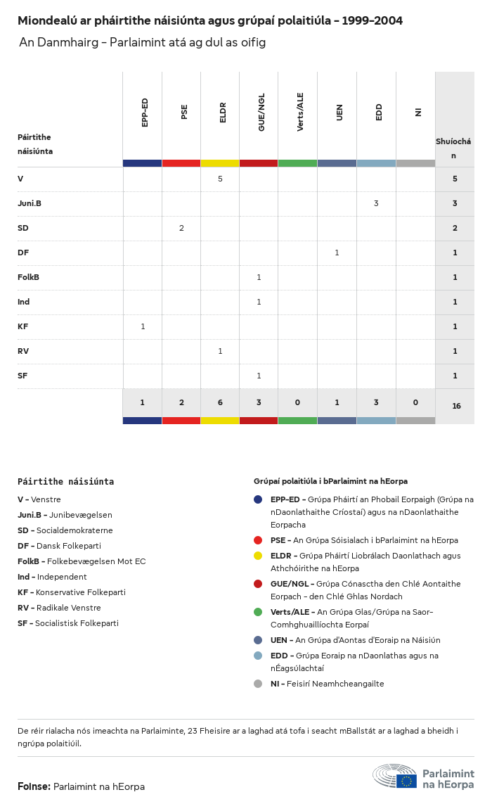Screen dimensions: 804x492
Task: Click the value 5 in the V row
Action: point(220,179)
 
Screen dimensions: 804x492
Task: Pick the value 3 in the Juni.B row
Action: point(376,203)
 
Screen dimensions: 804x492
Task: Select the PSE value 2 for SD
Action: point(181,228)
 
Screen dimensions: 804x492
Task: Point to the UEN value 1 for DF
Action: point(337,253)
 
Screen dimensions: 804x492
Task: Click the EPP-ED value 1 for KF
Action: point(143,326)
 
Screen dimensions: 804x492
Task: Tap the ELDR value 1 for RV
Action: point(220,351)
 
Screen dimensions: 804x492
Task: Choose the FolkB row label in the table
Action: point(28,277)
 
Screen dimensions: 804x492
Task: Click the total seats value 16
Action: point(456,406)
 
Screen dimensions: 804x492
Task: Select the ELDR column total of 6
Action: point(220,402)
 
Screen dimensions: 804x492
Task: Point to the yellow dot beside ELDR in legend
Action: point(258,556)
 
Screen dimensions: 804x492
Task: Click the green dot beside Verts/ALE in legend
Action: point(258,612)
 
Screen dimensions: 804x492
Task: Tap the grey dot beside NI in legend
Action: point(258,684)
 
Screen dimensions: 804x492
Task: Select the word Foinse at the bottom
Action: point(33,786)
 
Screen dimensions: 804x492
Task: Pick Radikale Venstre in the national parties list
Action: point(68,608)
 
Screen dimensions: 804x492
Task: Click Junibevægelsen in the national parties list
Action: point(80,515)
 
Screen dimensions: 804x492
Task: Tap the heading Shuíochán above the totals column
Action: point(453,148)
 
